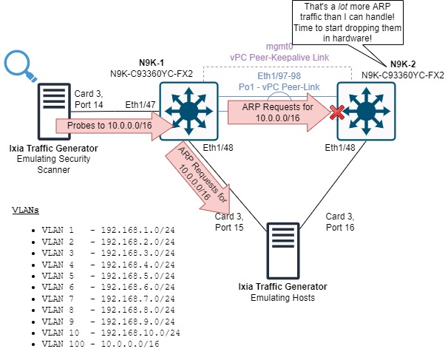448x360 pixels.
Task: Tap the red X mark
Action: (339, 112)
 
